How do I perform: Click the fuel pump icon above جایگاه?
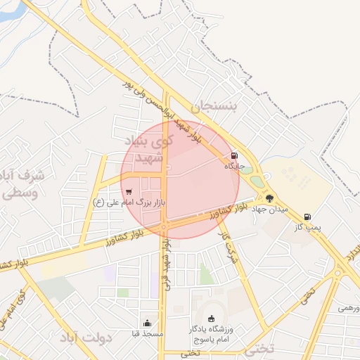233,156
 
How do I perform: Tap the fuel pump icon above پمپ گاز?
307,217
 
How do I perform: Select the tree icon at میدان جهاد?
269,198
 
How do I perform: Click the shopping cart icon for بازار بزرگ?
128,191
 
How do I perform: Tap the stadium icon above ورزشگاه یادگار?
212,319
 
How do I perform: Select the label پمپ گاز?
307,228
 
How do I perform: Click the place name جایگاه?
233,167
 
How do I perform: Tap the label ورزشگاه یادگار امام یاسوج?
212,334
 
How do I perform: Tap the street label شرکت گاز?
229,246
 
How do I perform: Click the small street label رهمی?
349,308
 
